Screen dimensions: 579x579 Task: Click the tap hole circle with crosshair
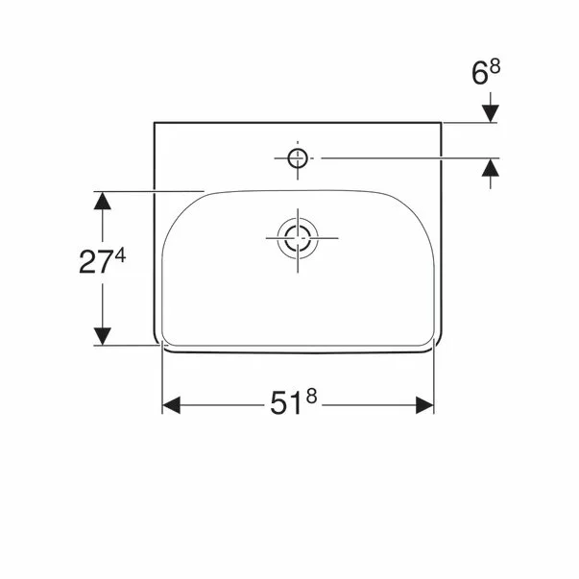coord(298,157)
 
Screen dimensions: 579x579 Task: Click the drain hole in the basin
coord(298,237)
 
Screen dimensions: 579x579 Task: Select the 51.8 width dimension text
coord(294,404)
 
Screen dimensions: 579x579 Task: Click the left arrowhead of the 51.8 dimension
coord(171,405)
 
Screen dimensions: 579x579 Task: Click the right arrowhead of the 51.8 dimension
coord(425,405)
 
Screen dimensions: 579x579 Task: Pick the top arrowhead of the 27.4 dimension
coord(103,201)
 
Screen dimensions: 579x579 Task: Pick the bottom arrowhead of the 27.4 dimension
coord(103,335)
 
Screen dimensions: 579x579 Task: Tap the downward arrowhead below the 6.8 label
coord(491,113)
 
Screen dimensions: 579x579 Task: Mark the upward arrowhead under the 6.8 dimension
coord(491,167)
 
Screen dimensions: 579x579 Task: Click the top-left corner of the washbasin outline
coord(156,123)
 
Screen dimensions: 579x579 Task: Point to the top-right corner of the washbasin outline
coord(441,123)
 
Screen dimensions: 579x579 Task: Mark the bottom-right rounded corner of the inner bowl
coord(429,337)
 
